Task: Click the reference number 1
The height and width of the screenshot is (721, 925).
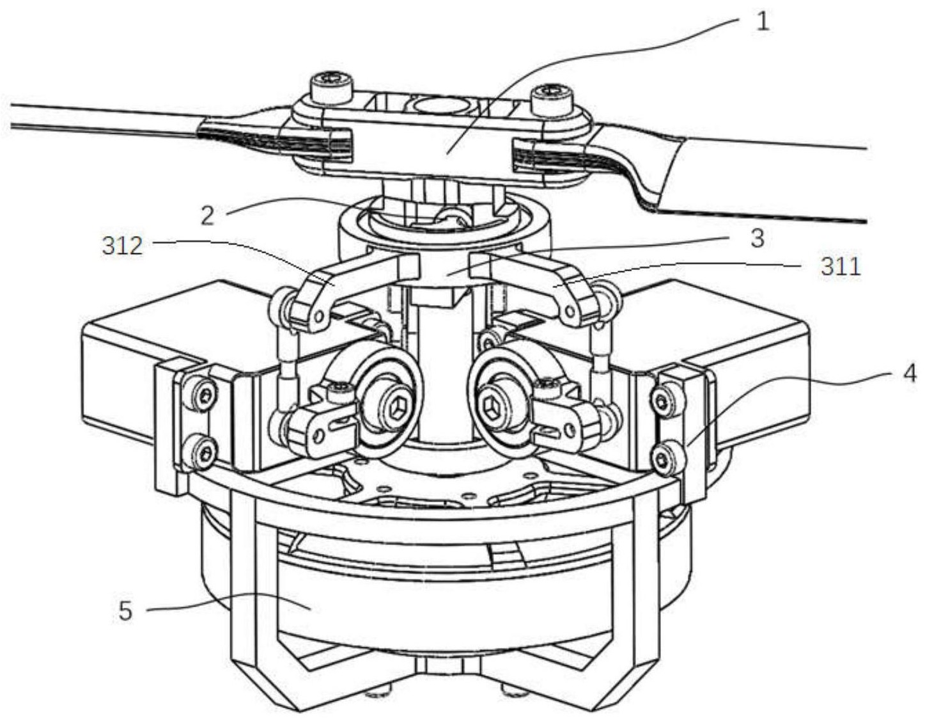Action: pos(763,20)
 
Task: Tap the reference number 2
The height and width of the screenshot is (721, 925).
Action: pos(207,216)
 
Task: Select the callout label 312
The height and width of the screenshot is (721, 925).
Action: pos(122,246)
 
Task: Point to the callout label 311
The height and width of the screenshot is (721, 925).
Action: pos(841,267)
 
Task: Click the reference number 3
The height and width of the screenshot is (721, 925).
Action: pos(758,239)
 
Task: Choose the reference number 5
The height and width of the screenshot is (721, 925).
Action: pos(125,612)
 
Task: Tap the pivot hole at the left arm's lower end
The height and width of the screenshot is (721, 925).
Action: pos(318,316)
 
